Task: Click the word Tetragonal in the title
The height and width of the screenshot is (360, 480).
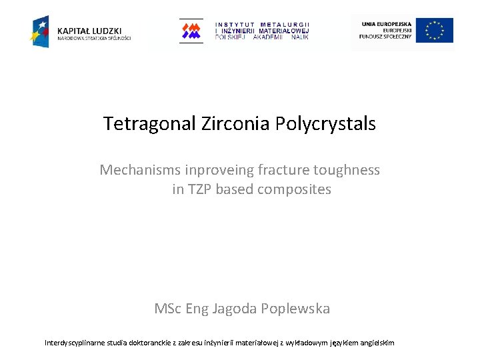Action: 149,124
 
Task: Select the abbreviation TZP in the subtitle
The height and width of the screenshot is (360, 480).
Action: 201,189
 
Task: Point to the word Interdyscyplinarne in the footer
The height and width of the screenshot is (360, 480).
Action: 77,343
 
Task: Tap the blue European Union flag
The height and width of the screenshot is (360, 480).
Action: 435,31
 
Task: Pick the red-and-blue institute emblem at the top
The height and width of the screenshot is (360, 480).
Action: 191,31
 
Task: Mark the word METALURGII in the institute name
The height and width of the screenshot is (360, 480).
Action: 285,25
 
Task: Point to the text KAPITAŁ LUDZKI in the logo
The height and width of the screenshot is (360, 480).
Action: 89,31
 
